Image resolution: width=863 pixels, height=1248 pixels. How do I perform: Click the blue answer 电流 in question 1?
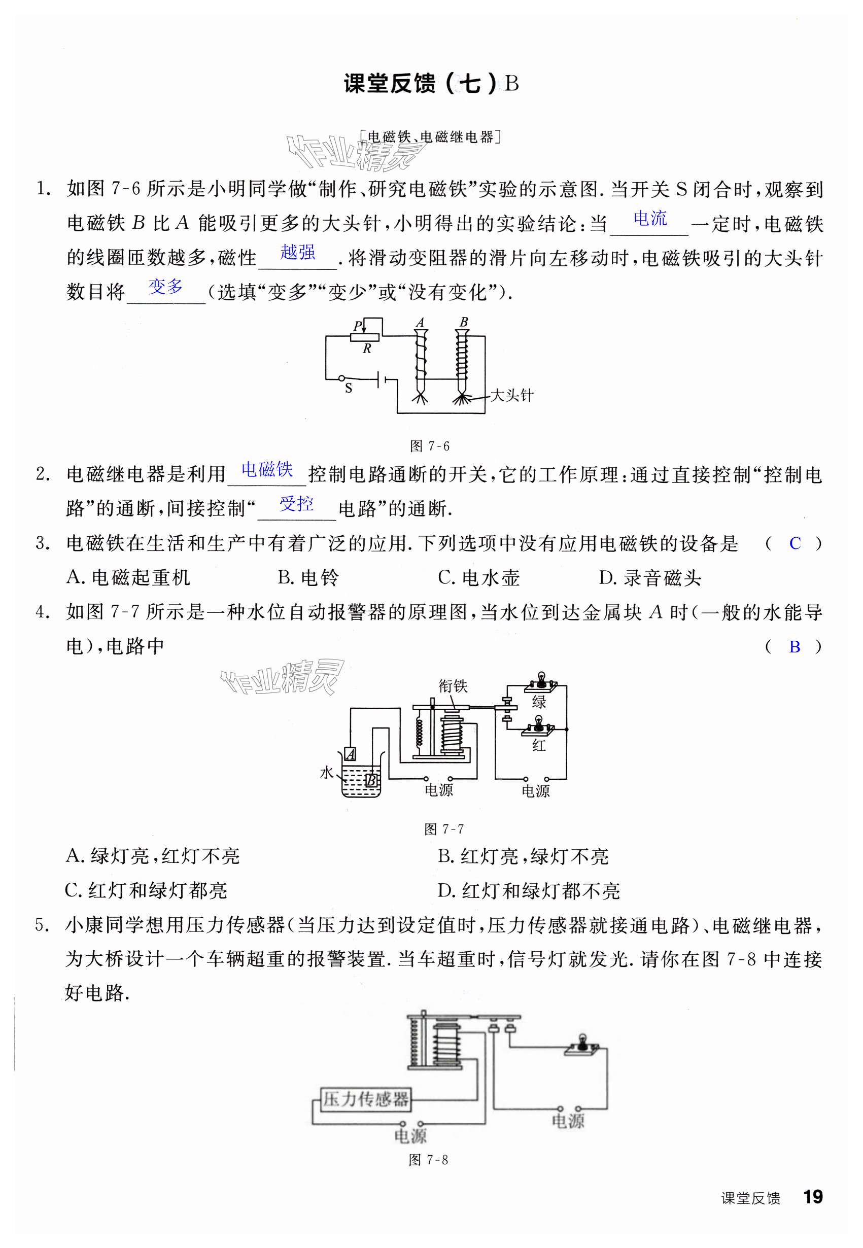click(x=650, y=219)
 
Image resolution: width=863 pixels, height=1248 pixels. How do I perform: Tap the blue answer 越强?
click(x=297, y=252)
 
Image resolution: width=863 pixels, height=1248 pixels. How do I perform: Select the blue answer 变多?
click(x=165, y=286)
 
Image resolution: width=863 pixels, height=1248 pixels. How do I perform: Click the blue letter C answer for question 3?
click(x=795, y=543)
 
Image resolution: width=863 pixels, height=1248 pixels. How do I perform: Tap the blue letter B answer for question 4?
click(x=795, y=646)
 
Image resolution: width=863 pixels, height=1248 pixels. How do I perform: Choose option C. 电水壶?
click(x=478, y=578)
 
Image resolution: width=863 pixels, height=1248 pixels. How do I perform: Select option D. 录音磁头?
click(x=649, y=578)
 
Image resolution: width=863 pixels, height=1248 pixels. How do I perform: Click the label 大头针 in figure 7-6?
click(x=511, y=395)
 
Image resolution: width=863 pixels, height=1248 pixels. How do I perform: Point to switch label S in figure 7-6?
click(x=348, y=388)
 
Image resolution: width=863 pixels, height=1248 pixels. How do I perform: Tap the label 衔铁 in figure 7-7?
click(x=453, y=686)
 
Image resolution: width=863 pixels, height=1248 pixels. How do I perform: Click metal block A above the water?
click(x=350, y=754)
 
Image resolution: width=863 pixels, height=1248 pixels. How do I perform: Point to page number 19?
click(x=813, y=1197)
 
